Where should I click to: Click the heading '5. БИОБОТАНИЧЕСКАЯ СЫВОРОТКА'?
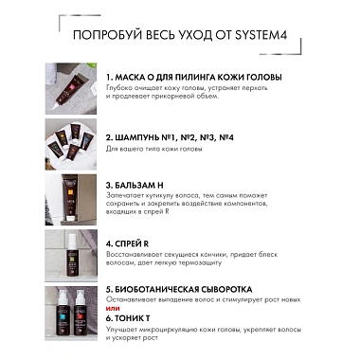click(x=179, y=288)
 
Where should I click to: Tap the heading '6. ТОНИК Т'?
click(x=133, y=320)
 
